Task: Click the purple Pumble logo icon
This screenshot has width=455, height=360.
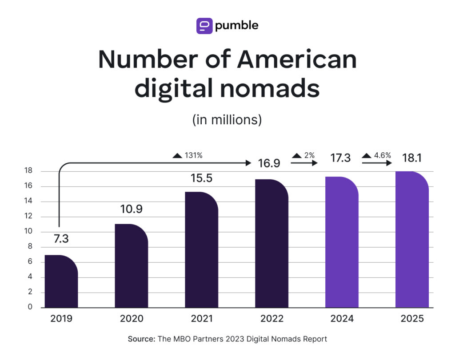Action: pos(204,26)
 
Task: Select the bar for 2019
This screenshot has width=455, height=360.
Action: pos(61,282)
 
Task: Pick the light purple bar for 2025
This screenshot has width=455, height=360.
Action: pos(412,240)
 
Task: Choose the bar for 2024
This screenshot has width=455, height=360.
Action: pos(342,242)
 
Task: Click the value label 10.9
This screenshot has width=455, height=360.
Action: pos(131,209)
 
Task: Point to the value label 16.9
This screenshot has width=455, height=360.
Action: pos(269,163)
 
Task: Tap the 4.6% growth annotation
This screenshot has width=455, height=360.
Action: pos(377,155)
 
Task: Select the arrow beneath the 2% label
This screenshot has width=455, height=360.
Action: pos(304,163)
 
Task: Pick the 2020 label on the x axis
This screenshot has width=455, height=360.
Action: pos(132,319)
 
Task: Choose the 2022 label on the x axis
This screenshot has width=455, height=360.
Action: pos(271,319)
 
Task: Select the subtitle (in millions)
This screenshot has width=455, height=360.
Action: pos(227,120)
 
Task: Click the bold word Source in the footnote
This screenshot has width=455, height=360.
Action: pos(141,339)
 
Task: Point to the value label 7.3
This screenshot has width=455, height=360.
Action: pos(61,239)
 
